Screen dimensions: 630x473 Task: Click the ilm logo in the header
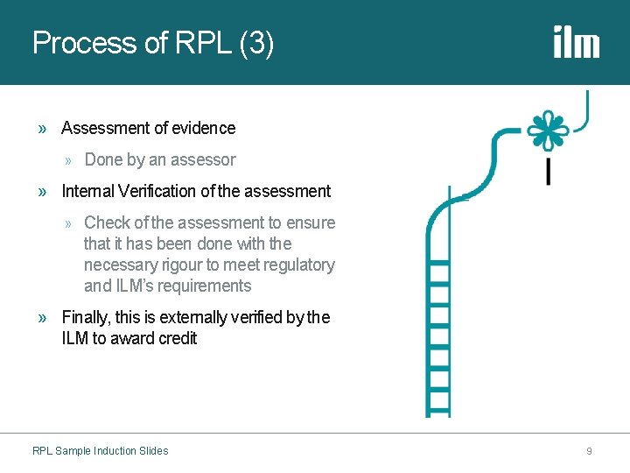(x=576, y=42)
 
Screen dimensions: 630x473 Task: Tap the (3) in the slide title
(x=255, y=43)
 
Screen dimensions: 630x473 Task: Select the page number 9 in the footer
(x=589, y=451)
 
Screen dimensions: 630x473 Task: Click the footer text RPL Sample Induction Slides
(x=100, y=451)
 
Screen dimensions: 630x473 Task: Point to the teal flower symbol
(x=547, y=131)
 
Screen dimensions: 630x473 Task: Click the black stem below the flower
(x=548, y=172)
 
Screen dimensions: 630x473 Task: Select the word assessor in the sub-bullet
(x=206, y=159)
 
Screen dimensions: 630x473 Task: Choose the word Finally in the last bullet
(x=84, y=317)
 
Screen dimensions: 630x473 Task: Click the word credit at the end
(x=178, y=338)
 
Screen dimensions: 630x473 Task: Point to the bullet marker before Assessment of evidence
(x=43, y=129)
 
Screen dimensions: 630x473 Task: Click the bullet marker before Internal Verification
(x=43, y=192)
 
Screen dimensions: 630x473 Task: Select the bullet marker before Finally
(x=43, y=318)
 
